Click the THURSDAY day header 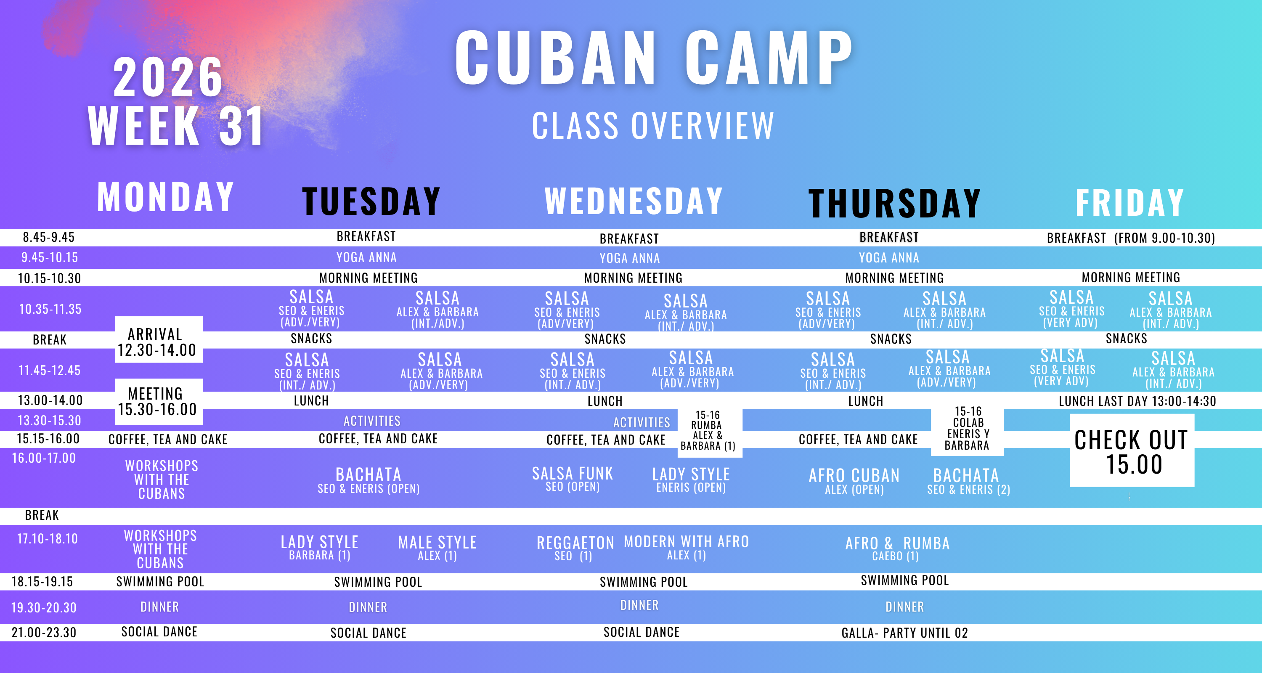click(895, 203)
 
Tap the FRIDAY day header click(1130, 203)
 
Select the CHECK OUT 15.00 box click(1132, 450)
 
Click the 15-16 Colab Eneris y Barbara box click(967, 429)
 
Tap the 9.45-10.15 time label click(50, 257)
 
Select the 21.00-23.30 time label click(44, 632)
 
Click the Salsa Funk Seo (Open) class click(573, 479)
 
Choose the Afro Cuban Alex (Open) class click(854, 481)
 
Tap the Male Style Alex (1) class click(437, 548)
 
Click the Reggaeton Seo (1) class click(575, 548)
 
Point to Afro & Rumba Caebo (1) click(898, 548)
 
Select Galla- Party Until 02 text click(905, 633)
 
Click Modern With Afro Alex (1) click(687, 547)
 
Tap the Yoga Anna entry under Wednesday click(630, 258)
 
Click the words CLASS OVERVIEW click(653, 126)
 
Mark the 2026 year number click(168, 77)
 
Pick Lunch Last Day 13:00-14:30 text click(1137, 401)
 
